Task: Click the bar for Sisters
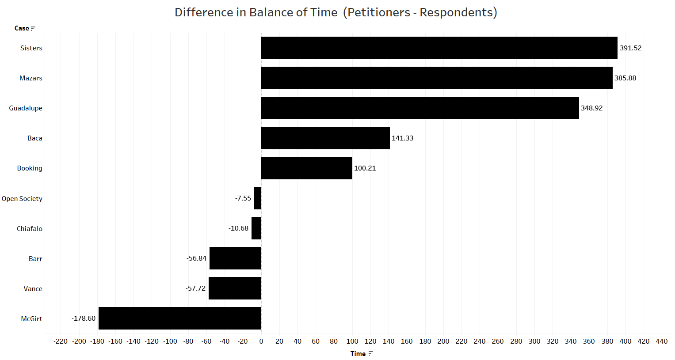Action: tap(439, 48)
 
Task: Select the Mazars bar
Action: tap(437, 78)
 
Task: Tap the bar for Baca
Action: tap(325, 138)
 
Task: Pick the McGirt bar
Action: tap(180, 318)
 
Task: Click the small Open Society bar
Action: tap(258, 198)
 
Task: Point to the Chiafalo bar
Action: tap(256, 228)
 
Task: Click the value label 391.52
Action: tap(630, 48)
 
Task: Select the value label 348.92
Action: tap(591, 108)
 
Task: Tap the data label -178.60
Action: tap(84, 318)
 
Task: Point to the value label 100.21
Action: tap(365, 168)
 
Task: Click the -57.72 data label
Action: tap(195, 288)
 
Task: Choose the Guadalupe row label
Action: tap(26, 108)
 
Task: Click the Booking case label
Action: tap(30, 168)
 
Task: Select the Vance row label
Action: tap(33, 288)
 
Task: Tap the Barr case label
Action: tap(35, 258)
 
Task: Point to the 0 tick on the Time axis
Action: tap(261, 341)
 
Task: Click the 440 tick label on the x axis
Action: tap(661, 341)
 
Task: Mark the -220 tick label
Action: tap(61, 341)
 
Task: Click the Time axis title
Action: tap(358, 353)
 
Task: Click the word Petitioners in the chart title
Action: tap(379, 12)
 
